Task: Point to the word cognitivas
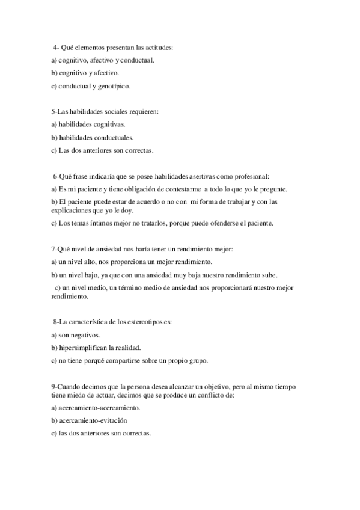click(x=108, y=124)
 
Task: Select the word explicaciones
click(x=75, y=210)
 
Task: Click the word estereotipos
click(x=144, y=322)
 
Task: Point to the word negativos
click(x=85, y=335)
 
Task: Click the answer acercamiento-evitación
click(x=93, y=420)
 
